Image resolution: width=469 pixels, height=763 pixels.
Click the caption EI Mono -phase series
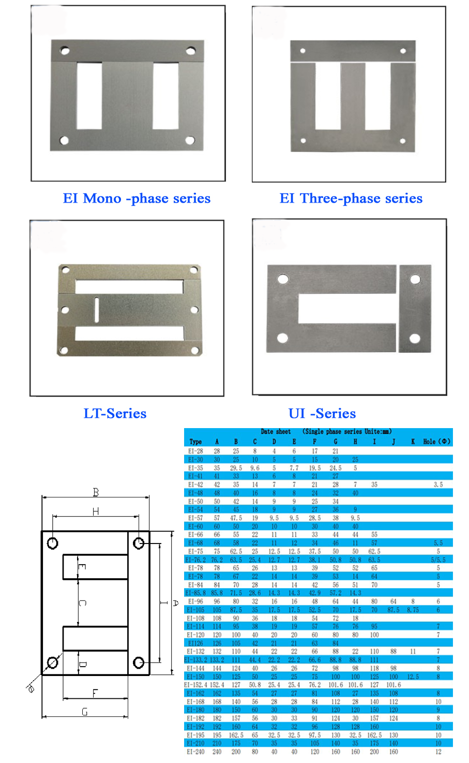137,198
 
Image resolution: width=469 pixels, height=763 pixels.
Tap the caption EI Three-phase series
351,198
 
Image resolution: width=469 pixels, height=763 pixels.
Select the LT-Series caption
115,413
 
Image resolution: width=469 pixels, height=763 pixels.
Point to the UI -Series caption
322,413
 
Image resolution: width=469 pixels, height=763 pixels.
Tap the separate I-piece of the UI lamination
415,309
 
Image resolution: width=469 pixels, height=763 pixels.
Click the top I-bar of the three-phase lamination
353,51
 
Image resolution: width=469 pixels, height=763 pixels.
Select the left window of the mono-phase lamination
89,96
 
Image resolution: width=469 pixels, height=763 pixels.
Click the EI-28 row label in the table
195,451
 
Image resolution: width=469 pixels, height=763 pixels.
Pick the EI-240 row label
195,751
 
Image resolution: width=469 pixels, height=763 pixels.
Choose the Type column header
195,442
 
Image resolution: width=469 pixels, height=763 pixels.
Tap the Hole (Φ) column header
437,442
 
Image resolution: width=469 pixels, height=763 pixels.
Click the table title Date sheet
276,431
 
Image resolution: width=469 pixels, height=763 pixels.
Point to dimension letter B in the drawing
96,492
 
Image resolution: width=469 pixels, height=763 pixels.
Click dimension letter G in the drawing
85,712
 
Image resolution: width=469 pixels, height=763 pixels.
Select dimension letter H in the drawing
96,511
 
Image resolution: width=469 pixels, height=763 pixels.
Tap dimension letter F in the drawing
95,693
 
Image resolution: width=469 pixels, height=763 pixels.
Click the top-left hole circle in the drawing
53,543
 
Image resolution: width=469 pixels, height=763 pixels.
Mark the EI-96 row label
195,601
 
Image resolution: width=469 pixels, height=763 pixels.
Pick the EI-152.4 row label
196,684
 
